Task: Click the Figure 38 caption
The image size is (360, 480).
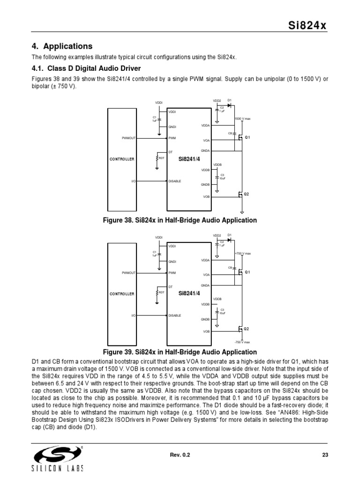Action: (x=180, y=220)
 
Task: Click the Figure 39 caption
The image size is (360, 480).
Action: (x=180, y=352)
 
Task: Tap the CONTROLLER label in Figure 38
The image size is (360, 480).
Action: (x=122, y=159)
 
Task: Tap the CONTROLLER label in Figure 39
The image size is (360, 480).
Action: (x=122, y=294)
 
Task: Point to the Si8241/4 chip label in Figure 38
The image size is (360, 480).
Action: (x=189, y=159)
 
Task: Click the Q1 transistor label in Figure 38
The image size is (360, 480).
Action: (x=247, y=137)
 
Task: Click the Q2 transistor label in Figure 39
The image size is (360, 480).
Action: (x=246, y=329)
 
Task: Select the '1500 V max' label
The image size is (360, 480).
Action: (x=242, y=119)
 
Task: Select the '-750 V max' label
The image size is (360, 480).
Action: (x=242, y=342)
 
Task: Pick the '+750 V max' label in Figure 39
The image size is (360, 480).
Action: (x=242, y=254)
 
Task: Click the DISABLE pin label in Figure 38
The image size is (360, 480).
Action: (x=174, y=181)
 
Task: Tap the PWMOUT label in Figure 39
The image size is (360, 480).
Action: (x=128, y=272)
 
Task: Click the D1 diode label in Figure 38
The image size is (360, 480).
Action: (x=230, y=100)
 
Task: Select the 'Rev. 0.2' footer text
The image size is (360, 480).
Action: (x=180, y=454)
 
